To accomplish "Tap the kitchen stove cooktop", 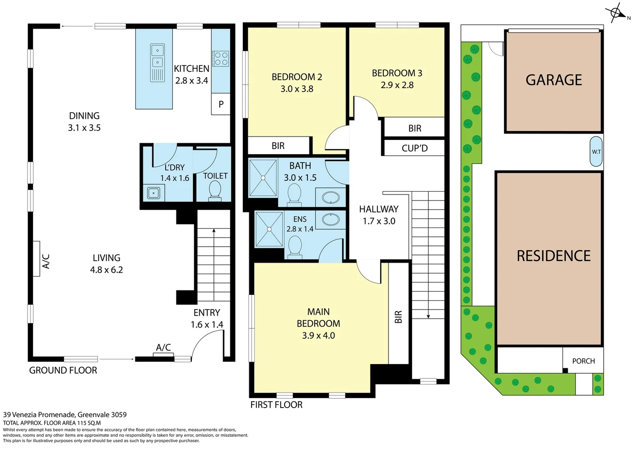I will tap(220, 58).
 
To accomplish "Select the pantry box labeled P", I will tap(221, 104).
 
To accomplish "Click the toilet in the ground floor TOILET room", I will tap(215, 190).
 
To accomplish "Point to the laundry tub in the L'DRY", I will tap(154, 193).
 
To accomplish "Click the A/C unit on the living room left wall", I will tap(36, 258).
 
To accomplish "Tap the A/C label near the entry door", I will tap(163, 347).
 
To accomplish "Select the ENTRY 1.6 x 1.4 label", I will tap(206, 319).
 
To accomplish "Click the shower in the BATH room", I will tap(263, 177).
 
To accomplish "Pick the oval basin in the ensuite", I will tap(330, 219).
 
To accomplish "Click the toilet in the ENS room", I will tap(295, 245).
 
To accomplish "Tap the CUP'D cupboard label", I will tap(414, 148).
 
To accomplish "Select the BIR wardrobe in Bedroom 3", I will tap(414, 128).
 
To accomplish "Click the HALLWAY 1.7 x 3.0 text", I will tap(379, 215).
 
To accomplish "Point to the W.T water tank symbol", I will tap(596, 152).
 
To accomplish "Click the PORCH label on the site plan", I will tap(583, 361).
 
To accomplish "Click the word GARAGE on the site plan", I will tap(554, 80).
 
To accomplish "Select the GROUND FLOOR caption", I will tap(63, 370).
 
